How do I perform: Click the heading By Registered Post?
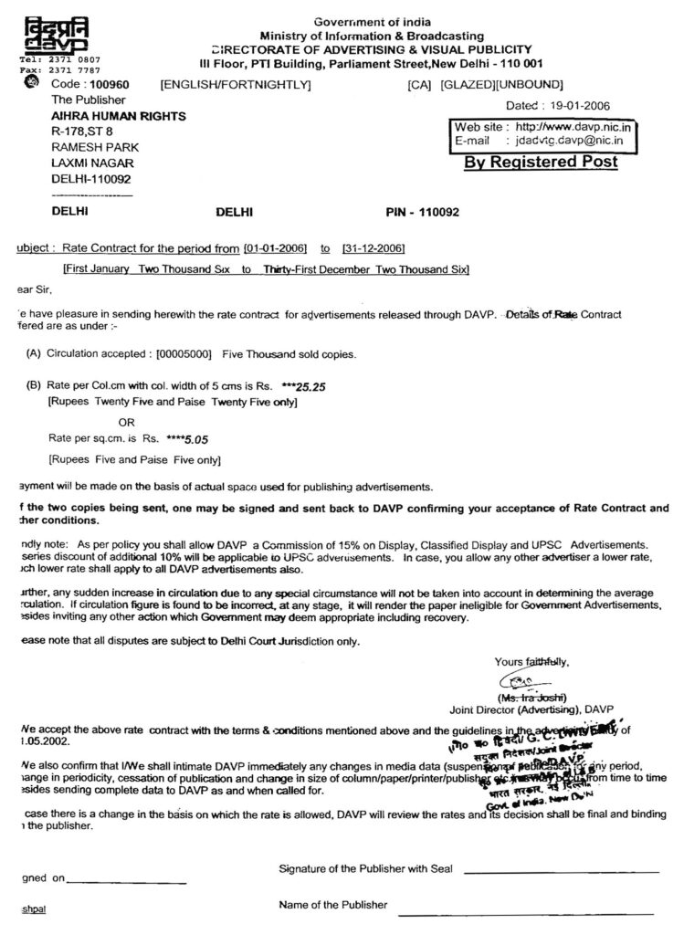click(x=541, y=162)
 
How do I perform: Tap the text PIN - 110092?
click(x=423, y=212)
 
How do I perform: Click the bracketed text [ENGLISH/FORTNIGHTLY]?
click(x=236, y=85)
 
